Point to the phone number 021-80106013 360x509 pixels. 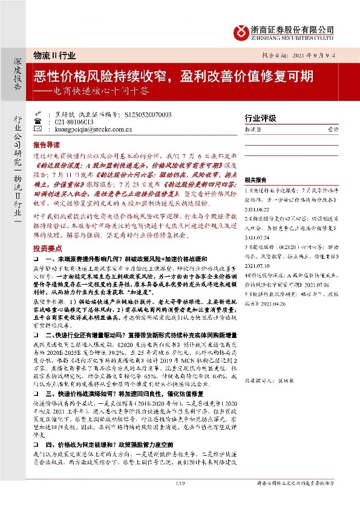[70, 122]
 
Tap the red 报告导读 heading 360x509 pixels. [46, 146]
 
